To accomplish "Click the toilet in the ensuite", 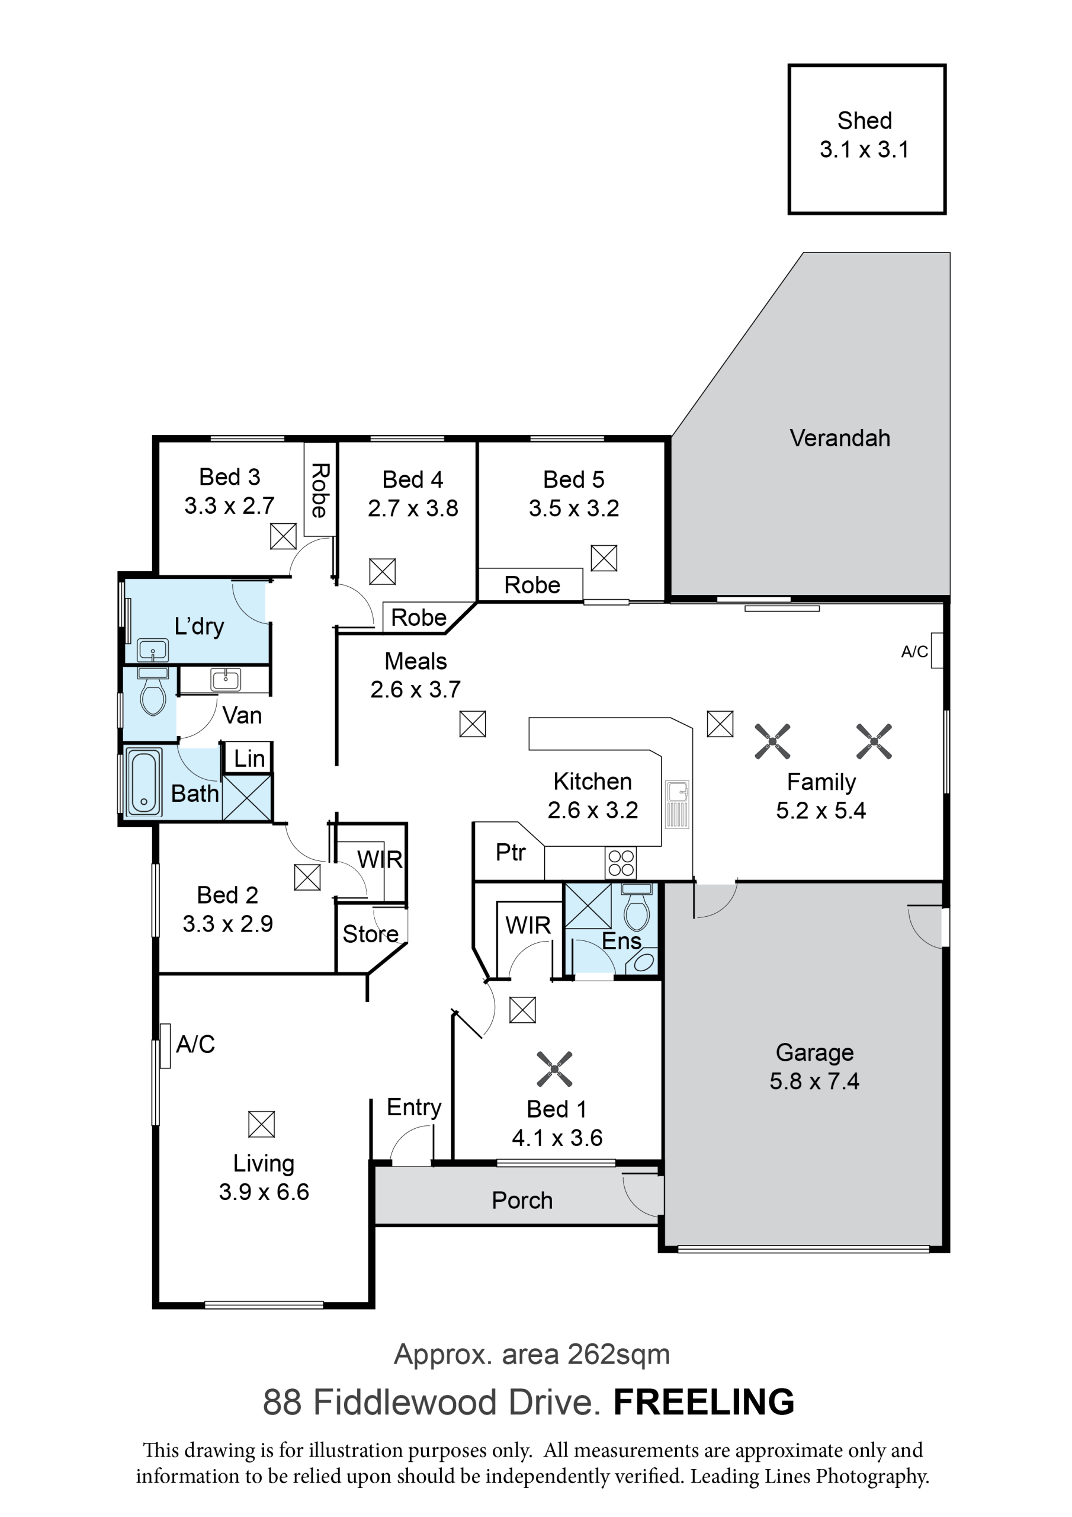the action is point(636,910).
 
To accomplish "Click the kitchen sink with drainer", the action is point(677,804).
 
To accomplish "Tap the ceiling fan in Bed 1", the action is point(554,1069).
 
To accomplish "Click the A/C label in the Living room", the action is point(195,1044).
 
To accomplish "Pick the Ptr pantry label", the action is point(510,852).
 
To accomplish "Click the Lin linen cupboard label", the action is point(249,758).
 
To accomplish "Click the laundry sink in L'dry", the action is point(153,650).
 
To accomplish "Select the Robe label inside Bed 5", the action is point(532,585).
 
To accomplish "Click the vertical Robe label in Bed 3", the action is point(320,490).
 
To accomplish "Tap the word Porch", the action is point(522,1200).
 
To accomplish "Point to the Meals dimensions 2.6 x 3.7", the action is point(415,689).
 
